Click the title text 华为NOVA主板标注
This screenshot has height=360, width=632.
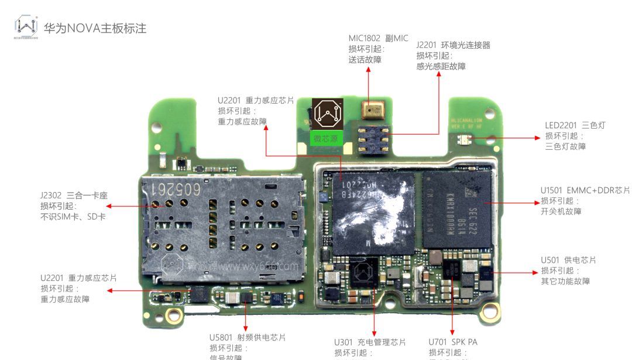pyautogui.click(x=94, y=28)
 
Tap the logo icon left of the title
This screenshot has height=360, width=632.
pyautogui.click(x=26, y=26)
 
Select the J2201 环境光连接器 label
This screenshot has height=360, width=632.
pyautogui.click(x=453, y=45)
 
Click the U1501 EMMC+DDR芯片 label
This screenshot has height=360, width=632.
pyautogui.click(x=585, y=190)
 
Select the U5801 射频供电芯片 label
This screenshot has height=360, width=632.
pyautogui.click(x=248, y=338)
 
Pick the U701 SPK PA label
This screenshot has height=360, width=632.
pyautogui.click(x=452, y=342)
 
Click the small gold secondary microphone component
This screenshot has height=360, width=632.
pyautogui.click(x=369, y=109)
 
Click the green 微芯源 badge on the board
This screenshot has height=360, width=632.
pyautogui.click(x=326, y=138)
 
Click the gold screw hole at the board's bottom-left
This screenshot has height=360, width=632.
pyautogui.click(x=173, y=316)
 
